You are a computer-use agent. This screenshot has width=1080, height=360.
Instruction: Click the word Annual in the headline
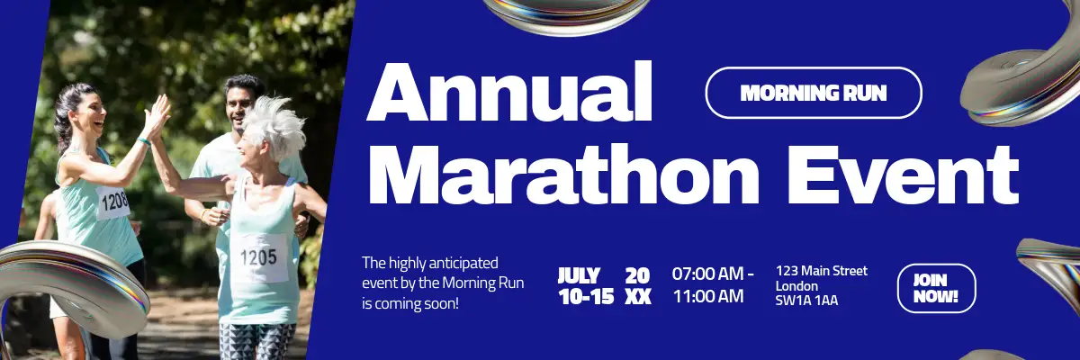pos(509,92)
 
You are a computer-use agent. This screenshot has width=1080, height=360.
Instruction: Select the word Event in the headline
pos(904,175)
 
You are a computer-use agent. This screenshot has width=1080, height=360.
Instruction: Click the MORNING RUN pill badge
pos(814,93)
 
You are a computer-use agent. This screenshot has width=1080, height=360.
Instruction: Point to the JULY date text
pos(579,275)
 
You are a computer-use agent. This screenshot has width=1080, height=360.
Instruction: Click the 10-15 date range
pos(586,296)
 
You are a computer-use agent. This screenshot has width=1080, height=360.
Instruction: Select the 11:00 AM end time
pos(708,296)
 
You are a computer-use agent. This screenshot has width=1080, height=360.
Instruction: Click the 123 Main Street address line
pos(822,271)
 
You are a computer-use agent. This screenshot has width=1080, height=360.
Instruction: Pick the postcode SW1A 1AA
pos(806,301)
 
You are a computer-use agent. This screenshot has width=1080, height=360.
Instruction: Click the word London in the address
pos(796,286)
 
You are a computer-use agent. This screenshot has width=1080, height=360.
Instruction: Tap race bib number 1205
pos(259,257)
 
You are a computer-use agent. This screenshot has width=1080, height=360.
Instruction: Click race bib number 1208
pos(114,201)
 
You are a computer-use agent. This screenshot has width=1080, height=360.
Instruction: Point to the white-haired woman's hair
pos(274,123)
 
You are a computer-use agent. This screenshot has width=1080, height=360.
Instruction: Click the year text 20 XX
pos(638,286)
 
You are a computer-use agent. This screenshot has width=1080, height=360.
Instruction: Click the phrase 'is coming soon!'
pos(410,304)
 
